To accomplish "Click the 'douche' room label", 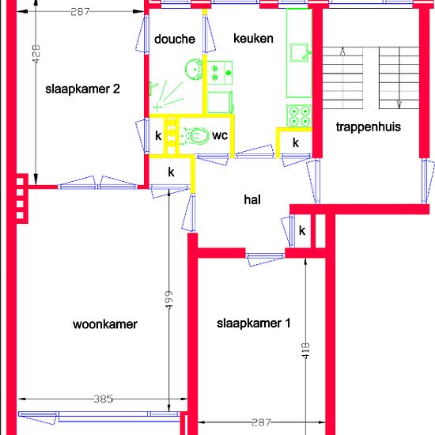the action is click(175, 39).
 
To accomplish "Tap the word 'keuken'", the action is click(253, 38).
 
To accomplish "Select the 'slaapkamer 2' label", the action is click(83, 89).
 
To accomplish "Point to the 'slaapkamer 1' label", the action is click(254, 323).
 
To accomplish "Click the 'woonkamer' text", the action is click(105, 324).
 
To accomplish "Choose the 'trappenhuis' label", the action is click(369, 127).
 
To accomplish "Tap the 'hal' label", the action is click(252, 199).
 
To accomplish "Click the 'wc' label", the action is click(220, 135).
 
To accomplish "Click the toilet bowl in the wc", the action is click(195, 136).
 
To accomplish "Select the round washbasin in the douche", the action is click(194, 70).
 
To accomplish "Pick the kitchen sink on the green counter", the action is click(300, 52).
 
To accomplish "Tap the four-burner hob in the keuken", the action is click(299, 115).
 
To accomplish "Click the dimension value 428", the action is click(36, 54).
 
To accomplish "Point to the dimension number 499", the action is click(168, 300).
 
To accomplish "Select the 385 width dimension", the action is click(103, 399).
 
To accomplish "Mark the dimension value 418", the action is click(305, 351).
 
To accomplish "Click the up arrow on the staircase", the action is click(342, 51).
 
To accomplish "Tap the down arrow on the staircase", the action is click(399, 104).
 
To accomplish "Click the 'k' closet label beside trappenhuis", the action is click(296, 142).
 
